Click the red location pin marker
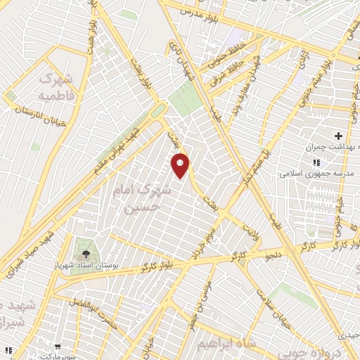[x=181, y=165]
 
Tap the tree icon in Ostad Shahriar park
[x=86, y=251]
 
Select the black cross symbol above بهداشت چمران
[x=338, y=135]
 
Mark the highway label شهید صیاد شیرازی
[x=27, y=250]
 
